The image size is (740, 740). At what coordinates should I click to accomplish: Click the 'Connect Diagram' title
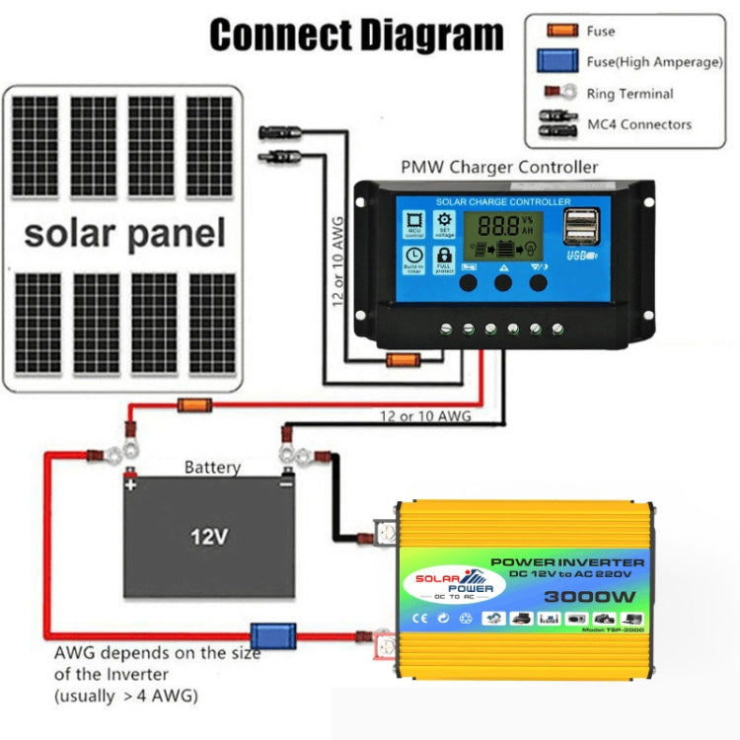point(356,35)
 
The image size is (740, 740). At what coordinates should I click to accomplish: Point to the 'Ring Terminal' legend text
point(630,94)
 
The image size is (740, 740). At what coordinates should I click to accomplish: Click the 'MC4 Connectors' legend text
point(639,124)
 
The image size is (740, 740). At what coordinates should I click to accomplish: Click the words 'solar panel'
point(124,234)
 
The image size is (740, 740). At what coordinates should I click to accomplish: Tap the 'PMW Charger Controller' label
point(499,167)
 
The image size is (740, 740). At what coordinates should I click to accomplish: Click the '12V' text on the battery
point(209,538)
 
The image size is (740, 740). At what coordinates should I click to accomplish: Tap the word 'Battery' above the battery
point(212,468)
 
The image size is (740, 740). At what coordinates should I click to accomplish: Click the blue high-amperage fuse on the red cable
point(272,635)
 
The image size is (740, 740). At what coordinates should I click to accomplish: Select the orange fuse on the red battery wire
point(191,405)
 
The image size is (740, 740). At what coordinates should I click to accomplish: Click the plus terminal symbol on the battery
point(131,485)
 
